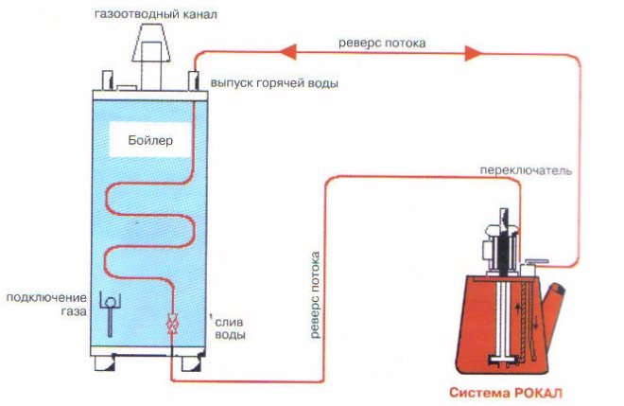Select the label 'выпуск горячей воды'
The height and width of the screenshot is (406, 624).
[274, 83]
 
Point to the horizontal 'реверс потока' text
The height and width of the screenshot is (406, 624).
[381, 44]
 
